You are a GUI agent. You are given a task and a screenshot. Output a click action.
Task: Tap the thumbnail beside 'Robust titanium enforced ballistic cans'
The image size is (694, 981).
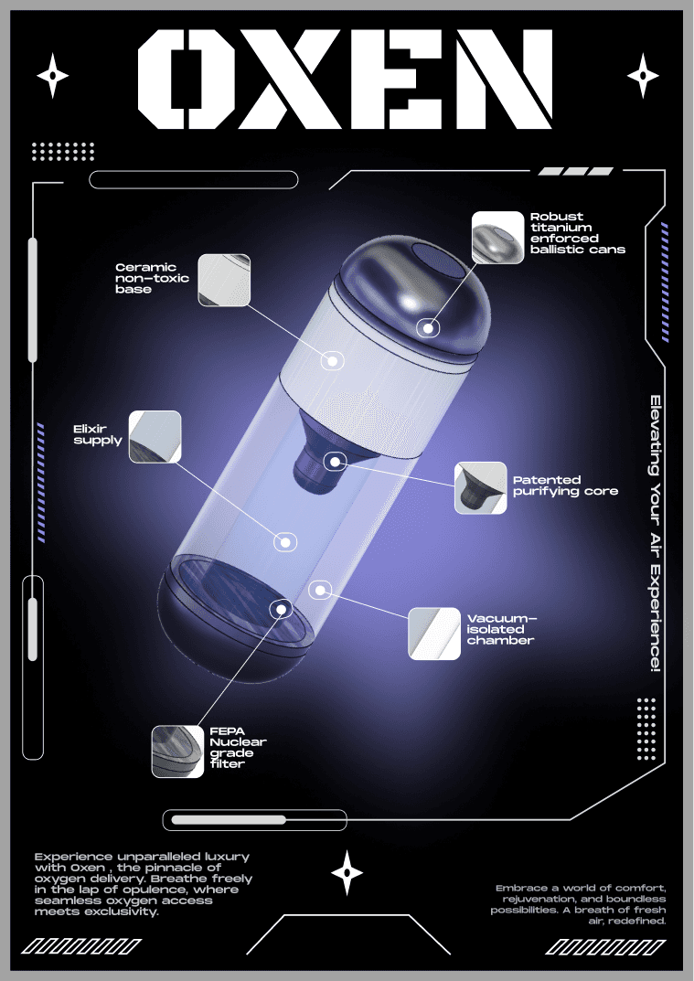[x=497, y=237]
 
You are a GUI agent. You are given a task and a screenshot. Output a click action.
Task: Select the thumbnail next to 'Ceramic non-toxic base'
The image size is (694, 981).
[x=224, y=281]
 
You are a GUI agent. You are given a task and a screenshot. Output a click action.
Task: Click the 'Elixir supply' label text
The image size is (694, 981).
[x=98, y=434]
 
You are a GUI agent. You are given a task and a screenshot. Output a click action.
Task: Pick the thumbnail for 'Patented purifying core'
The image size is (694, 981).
[x=481, y=488]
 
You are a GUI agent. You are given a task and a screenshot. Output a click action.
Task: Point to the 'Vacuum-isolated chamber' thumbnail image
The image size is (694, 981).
[x=434, y=634]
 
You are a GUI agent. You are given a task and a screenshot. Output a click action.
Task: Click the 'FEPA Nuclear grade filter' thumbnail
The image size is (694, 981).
[x=177, y=752]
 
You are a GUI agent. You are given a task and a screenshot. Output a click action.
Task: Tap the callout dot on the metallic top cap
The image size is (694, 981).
[x=428, y=328]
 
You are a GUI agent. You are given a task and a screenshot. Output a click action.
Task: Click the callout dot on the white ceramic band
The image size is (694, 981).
[x=333, y=361]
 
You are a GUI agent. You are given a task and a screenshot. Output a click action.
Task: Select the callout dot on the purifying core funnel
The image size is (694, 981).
[x=336, y=462]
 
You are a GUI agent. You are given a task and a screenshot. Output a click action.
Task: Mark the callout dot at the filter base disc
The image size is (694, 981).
[x=282, y=609]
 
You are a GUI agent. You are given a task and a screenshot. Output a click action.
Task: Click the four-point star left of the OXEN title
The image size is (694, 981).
[x=52, y=76]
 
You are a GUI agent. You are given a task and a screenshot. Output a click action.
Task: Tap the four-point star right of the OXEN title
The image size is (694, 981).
[x=643, y=76]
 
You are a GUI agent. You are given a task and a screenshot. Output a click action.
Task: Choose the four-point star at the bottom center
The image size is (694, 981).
[x=347, y=872]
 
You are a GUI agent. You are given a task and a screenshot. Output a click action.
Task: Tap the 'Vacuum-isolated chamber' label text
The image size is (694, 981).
[x=501, y=629]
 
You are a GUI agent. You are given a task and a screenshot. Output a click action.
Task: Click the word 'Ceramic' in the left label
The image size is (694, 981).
[x=145, y=267]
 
